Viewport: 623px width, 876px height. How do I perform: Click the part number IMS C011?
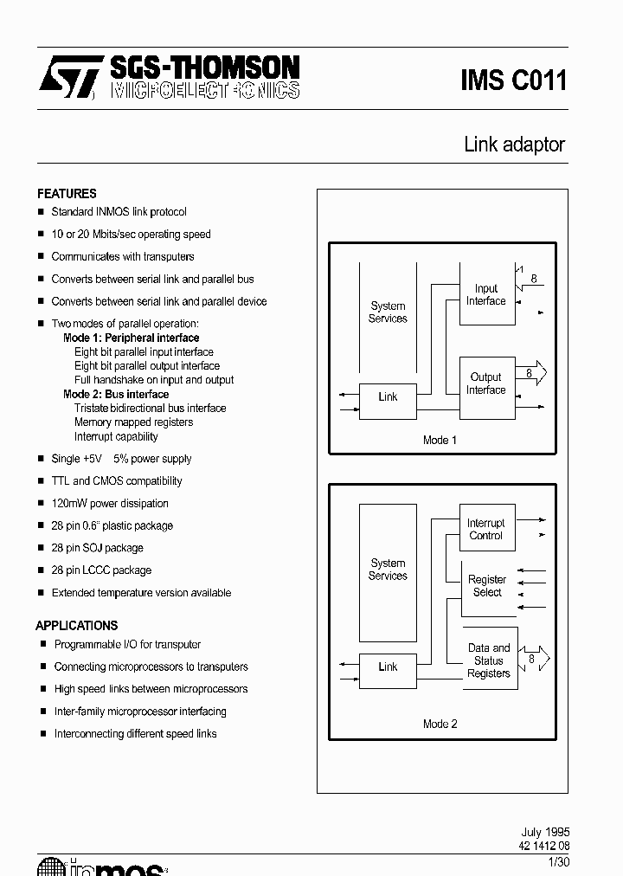(x=513, y=81)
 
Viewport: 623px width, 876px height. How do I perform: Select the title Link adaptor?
(x=514, y=145)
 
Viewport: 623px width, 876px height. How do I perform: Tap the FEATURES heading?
(x=67, y=193)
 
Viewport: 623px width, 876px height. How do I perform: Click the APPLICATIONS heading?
(x=76, y=625)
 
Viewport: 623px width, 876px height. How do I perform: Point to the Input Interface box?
(x=486, y=294)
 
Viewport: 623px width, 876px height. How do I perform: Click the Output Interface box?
(x=486, y=383)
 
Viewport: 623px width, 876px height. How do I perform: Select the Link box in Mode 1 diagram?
(x=388, y=397)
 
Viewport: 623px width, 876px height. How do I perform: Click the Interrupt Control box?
(x=486, y=529)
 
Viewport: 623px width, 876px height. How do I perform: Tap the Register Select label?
(x=487, y=586)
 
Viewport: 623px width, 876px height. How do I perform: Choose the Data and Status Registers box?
(x=490, y=660)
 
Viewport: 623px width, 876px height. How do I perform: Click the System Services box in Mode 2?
(x=388, y=569)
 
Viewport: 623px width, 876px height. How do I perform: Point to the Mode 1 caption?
(x=440, y=440)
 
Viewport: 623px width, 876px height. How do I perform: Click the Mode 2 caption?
(x=440, y=724)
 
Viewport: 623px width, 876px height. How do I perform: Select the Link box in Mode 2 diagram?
(x=388, y=667)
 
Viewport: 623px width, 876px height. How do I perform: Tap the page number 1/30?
(x=558, y=861)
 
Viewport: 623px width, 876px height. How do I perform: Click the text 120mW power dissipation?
(x=110, y=503)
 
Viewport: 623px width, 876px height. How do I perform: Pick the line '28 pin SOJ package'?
(x=97, y=548)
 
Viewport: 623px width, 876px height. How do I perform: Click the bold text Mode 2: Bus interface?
(x=116, y=394)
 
